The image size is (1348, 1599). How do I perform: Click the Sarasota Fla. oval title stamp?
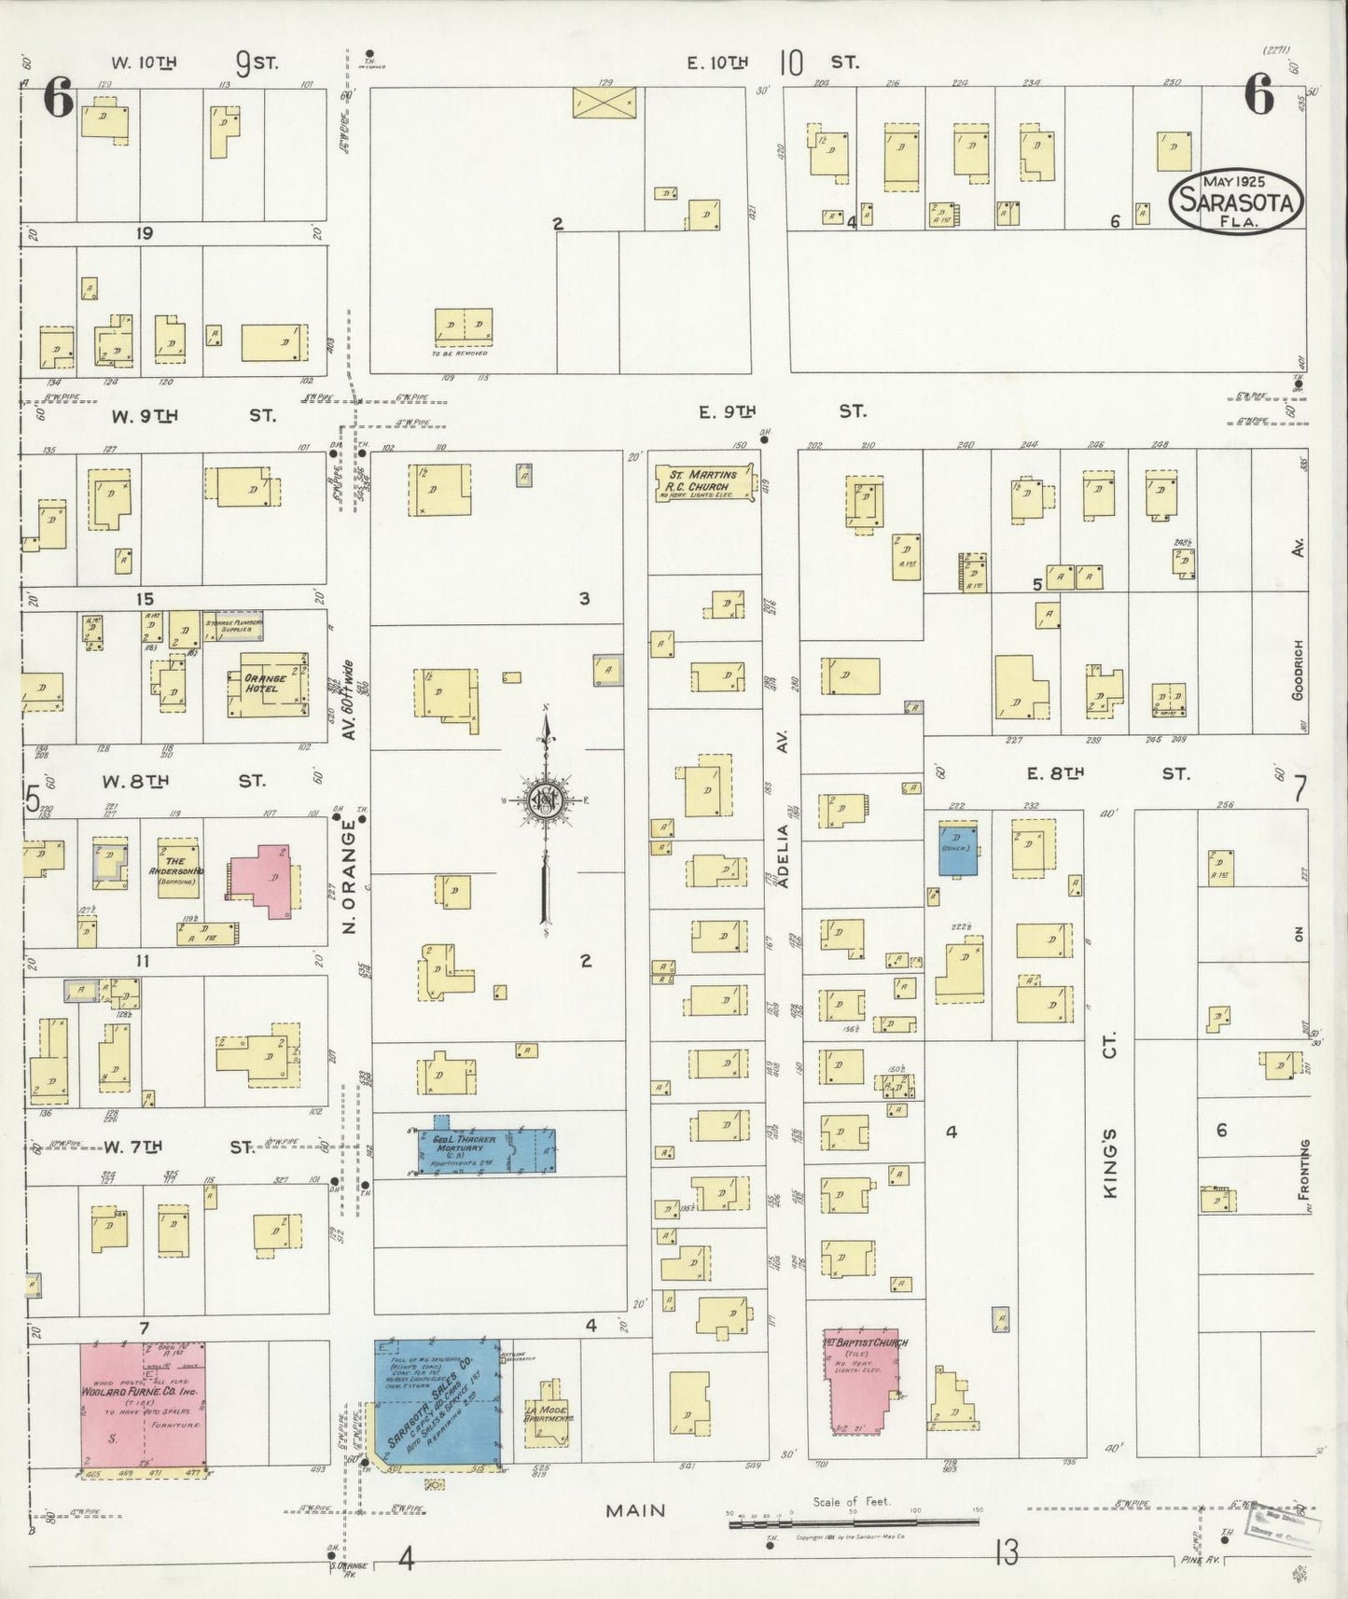coord(1237,200)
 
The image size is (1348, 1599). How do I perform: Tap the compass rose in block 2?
coord(546,800)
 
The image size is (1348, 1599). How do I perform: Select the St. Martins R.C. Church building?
coord(702,481)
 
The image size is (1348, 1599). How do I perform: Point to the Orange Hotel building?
coord(268,684)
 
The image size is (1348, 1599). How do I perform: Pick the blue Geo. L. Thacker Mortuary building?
coord(485,1150)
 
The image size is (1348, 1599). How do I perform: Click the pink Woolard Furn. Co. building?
coord(142,1403)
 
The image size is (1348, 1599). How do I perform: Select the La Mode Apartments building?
coord(547,1416)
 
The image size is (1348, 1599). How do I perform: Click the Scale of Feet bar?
coord(853,1523)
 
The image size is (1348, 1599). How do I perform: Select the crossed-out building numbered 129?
coord(604,102)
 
